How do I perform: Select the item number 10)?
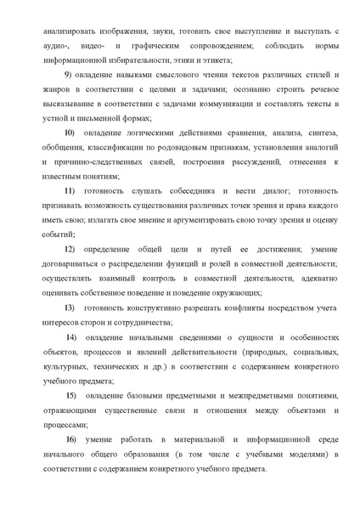(70, 134)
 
